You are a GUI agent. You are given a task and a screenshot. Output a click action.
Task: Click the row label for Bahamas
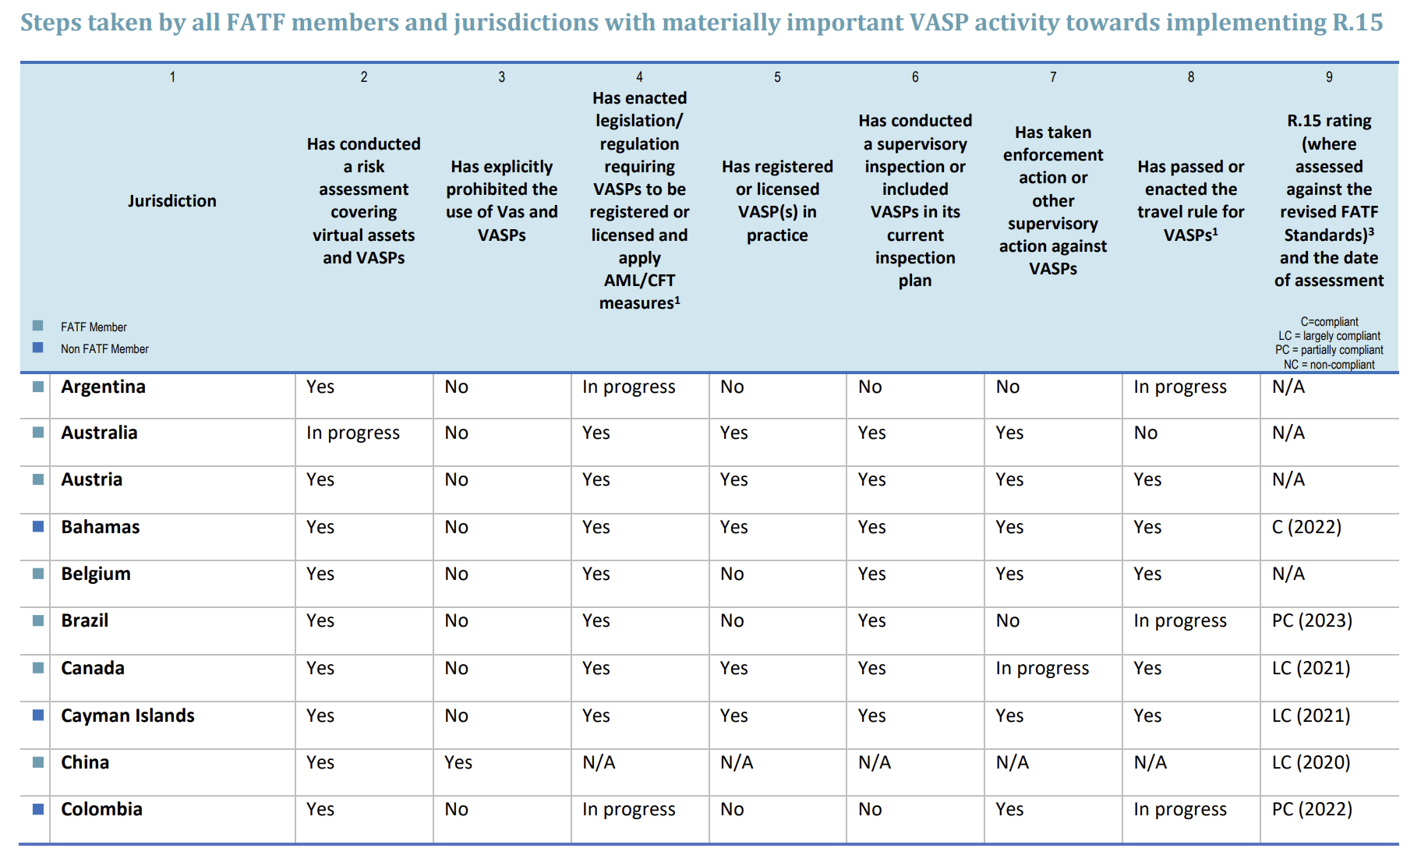click(x=101, y=528)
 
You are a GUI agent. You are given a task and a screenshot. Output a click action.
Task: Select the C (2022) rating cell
click(x=1306, y=528)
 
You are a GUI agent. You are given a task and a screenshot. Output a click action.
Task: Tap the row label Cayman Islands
click(x=128, y=716)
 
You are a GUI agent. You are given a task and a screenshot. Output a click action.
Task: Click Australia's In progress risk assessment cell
click(x=352, y=433)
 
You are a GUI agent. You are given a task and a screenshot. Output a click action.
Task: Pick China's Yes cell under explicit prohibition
click(x=458, y=763)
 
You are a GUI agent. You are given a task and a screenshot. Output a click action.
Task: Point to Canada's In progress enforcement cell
click(x=1041, y=669)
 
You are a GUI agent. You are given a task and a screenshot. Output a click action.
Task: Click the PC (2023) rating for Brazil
click(x=1312, y=621)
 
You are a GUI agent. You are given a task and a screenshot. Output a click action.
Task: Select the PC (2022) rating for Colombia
click(x=1312, y=810)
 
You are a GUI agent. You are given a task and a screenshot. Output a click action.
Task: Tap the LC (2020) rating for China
click(x=1311, y=763)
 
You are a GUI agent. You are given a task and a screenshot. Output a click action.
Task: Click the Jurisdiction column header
click(x=172, y=201)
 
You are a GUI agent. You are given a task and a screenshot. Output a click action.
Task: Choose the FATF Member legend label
click(x=94, y=327)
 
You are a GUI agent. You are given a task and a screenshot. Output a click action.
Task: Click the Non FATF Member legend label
click(x=104, y=349)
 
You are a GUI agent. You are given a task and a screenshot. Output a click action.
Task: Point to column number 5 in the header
click(x=777, y=77)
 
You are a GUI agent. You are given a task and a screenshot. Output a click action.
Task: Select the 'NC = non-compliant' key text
click(x=1329, y=365)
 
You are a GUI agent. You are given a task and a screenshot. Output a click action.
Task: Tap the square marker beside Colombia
click(x=37, y=809)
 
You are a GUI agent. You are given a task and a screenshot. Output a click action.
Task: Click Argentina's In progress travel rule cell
click(x=1179, y=387)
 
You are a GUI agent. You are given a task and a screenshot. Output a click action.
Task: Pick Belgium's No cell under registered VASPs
click(x=732, y=574)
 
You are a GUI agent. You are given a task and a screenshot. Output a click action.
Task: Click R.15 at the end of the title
click(x=1357, y=22)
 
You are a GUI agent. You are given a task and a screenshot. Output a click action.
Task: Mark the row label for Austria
click(x=92, y=480)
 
